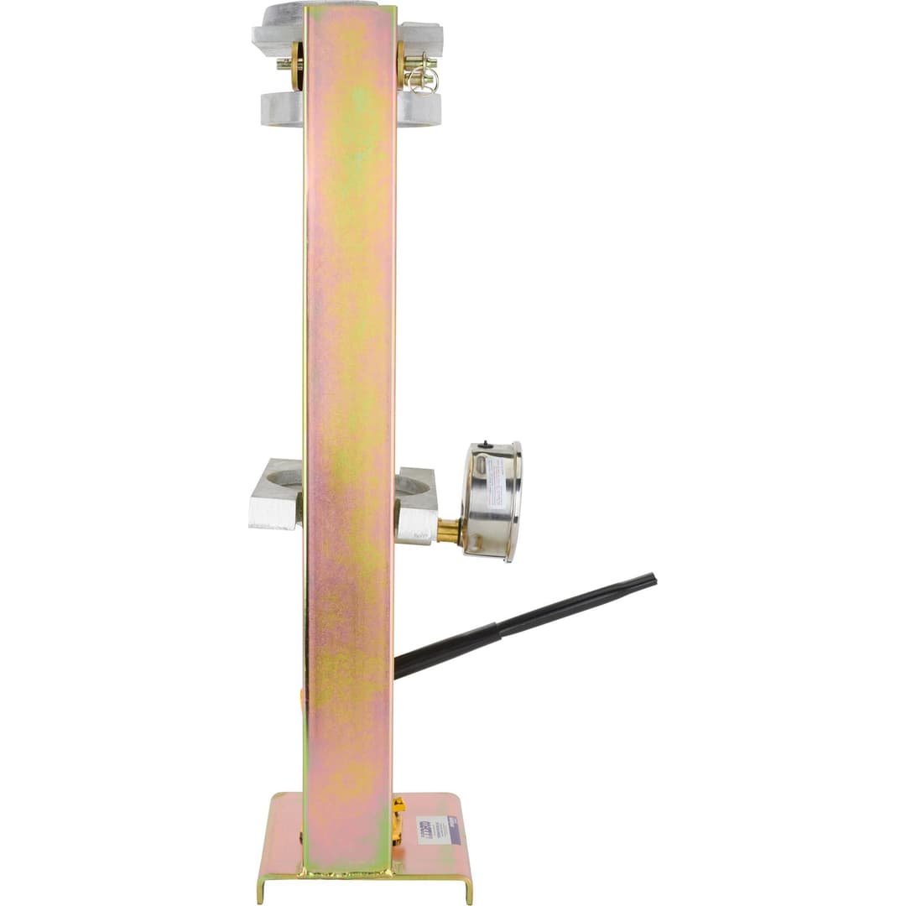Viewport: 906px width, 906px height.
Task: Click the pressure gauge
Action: (493, 501)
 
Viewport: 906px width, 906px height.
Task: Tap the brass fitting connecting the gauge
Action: (448, 530)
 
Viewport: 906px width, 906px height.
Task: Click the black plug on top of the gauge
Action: (485, 442)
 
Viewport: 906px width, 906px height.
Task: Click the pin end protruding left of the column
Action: (284, 63)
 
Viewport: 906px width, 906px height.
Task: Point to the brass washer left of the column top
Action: (296, 65)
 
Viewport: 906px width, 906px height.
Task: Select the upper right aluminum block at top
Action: (419, 39)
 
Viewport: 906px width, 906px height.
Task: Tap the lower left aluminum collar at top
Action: (281, 109)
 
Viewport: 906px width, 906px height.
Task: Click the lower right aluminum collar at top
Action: (419, 109)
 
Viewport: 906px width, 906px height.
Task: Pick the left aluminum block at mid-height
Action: (275, 495)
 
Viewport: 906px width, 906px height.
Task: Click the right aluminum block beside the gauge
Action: (417, 505)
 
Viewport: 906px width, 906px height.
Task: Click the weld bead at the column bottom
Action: (348, 872)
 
